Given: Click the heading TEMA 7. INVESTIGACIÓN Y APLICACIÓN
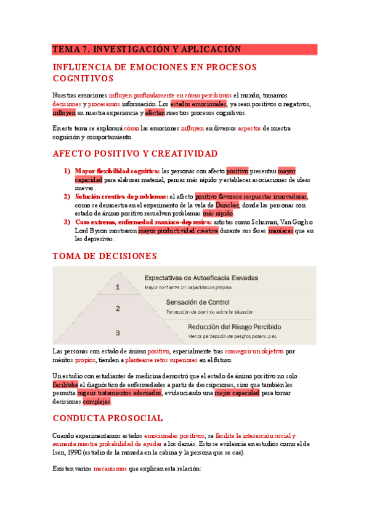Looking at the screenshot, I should tap(146, 49).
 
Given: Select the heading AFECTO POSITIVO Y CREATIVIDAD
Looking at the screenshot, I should tap(136, 153).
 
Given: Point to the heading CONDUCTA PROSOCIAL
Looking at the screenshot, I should tap(108, 418).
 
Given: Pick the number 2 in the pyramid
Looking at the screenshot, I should tap(118, 308).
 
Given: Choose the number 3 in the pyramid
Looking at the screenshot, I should tap(118, 331).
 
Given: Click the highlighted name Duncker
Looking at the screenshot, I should tap(227, 205).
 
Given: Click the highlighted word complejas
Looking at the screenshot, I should tap(97, 402).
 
